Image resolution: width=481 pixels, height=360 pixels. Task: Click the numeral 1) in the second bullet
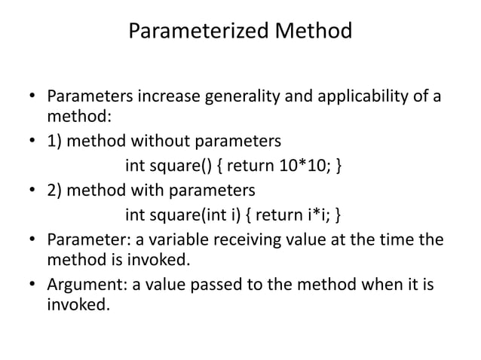click(x=55, y=141)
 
